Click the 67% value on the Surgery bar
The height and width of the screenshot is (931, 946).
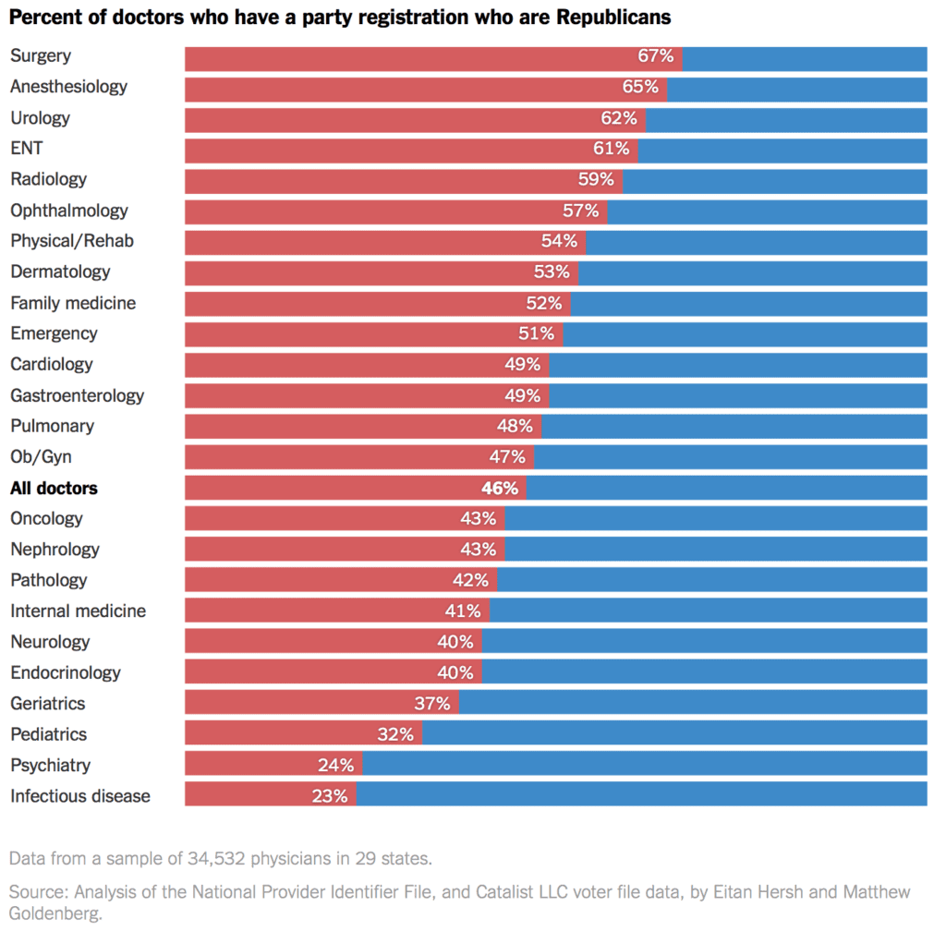click(x=655, y=56)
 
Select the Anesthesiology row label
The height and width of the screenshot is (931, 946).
click(x=68, y=87)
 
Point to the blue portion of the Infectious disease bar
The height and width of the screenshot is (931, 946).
click(x=641, y=795)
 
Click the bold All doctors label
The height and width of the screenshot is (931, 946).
click(x=54, y=488)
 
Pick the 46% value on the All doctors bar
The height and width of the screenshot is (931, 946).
click(x=500, y=488)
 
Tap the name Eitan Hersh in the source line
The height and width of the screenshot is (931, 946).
click(x=751, y=892)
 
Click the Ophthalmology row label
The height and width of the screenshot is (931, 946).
click(x=69, y=211)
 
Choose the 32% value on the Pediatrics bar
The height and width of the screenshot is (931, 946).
click(x=395, y=734)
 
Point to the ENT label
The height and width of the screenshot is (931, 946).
click(x=26, y=149)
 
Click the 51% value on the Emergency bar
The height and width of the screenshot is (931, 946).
click(x=536, y=333)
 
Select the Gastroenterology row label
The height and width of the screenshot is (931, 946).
click(x=78, y=395)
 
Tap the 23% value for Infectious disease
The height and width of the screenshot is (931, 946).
click(x=329, y=795)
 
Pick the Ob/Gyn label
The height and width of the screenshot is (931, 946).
click(x=41, y=457)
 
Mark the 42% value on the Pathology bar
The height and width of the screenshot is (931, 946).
click(x=470, y=580)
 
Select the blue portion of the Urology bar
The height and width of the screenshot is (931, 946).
click(x=785, y=118)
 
